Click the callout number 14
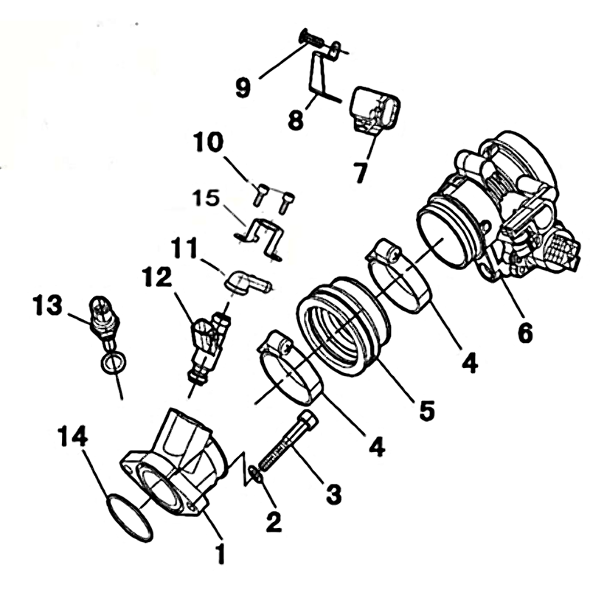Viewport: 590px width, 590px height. click(72, 437)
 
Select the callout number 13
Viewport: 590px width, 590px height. click(47, 305)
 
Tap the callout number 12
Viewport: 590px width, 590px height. click(157, 278)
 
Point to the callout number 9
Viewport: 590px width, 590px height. click(243, 88)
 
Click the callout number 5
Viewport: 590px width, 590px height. click(427, 410)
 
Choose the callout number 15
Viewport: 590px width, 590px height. click(206, 198)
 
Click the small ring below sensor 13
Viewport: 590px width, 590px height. click(113, 362)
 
